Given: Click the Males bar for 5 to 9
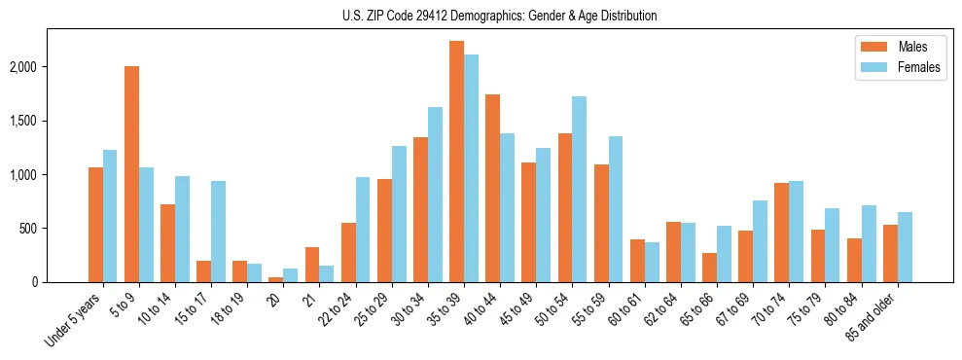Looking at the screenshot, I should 131,174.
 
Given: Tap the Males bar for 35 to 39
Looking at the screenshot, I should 456,162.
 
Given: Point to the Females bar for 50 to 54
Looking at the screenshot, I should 579,189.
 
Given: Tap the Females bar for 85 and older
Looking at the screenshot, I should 905,247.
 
